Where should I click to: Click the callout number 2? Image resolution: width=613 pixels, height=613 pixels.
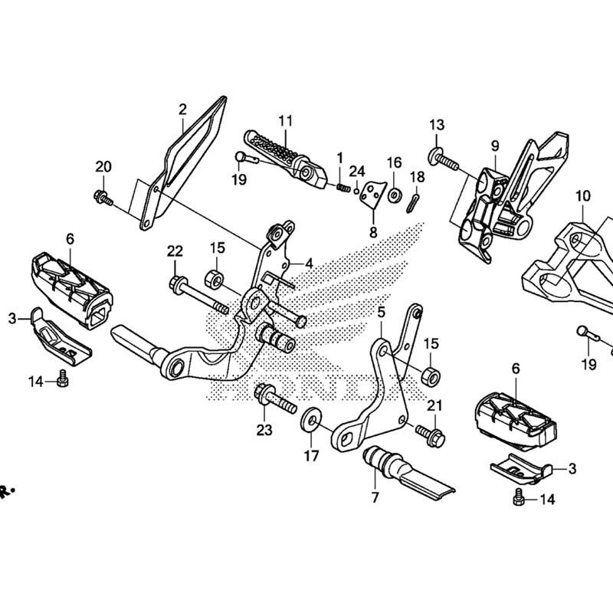[x=182, y=110]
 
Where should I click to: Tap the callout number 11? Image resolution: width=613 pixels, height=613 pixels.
[x=285, y=120]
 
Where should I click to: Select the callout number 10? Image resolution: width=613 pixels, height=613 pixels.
[x=583, y=195]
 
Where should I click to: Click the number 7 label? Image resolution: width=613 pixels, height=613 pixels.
[x=375, y=497]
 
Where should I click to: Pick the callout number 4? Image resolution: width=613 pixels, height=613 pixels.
[x=309, y=263]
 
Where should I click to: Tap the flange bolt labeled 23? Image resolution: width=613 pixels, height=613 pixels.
[x=273, y=398]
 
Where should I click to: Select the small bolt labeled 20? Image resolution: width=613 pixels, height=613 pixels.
[x=102, y=198]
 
